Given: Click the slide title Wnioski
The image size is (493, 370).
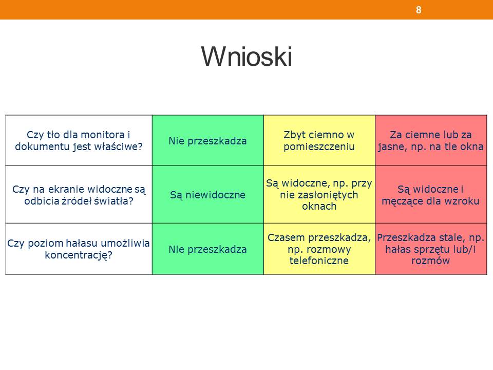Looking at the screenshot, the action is (247, 57).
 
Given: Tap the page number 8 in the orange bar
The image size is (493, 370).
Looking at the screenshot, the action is (419, 10).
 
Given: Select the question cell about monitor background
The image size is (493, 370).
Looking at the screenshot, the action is (79, 140).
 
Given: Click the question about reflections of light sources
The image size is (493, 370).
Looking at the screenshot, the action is (79, 194).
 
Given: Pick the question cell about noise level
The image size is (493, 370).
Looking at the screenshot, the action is (79, 249).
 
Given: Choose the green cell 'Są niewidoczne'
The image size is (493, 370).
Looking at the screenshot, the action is (208, 194).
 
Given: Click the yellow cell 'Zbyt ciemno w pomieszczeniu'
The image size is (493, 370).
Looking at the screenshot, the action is (319, 140).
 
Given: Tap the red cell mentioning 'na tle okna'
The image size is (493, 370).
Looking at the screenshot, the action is (431, 140).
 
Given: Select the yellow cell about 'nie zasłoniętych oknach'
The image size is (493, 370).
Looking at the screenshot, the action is (319, 194).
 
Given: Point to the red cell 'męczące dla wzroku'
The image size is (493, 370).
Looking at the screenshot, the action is (431, 194).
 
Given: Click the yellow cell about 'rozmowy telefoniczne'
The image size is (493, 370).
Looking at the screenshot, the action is (319, 249).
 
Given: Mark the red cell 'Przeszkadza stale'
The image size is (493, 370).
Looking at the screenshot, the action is (431, 249).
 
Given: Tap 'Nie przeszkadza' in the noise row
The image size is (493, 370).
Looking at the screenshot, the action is (208, 249).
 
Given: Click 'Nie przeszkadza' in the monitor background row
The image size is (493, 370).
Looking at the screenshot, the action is (208, 141).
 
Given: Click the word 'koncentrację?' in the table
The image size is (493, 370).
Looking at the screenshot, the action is (79, 255).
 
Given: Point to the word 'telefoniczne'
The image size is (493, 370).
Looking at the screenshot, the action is (319, 261).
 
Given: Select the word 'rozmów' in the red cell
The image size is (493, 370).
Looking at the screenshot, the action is (431, 261).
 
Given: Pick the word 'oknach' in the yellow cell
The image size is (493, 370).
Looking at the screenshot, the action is (319, 206).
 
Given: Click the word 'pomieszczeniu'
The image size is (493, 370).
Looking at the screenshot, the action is (319, 146).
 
